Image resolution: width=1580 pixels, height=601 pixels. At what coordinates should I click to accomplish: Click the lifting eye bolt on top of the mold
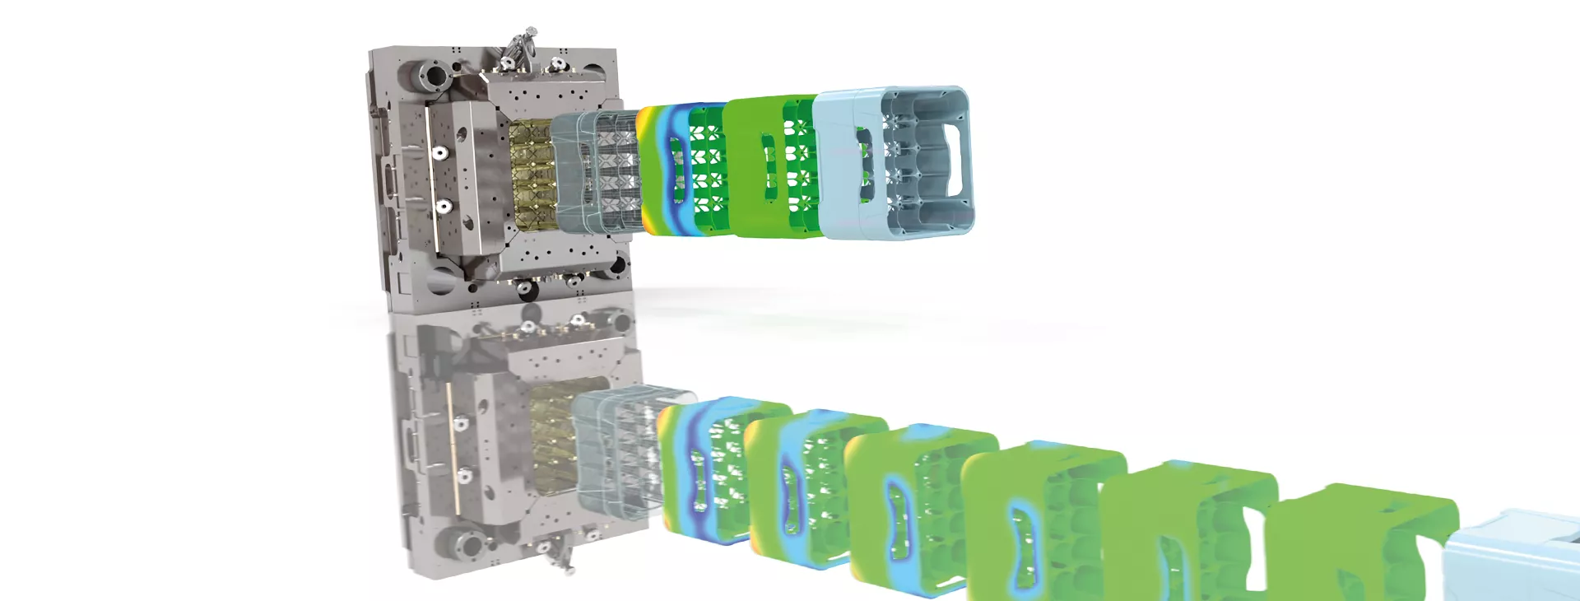pyautogui.click(x=520, y=44)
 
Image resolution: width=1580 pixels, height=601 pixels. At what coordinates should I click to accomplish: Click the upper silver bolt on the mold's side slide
pyautogui.click(x=439, y=153)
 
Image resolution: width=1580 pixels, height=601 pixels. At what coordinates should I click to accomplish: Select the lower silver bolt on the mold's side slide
pyautogui.click(x=444, y=206)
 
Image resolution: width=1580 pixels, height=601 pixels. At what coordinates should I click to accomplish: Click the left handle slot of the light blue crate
pyautogui.click(x=864, y=165)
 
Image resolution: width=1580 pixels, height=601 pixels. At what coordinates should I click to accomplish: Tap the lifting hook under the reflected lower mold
pyautogui.click(x=563, y=556)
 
